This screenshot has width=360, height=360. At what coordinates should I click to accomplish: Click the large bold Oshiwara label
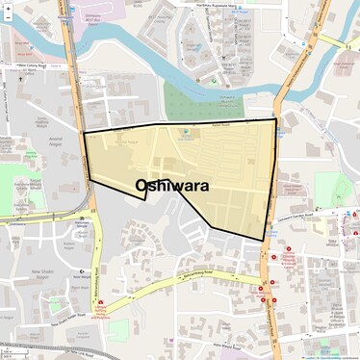point(173,186)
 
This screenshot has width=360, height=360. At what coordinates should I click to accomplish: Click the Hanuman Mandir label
point(80,226)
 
